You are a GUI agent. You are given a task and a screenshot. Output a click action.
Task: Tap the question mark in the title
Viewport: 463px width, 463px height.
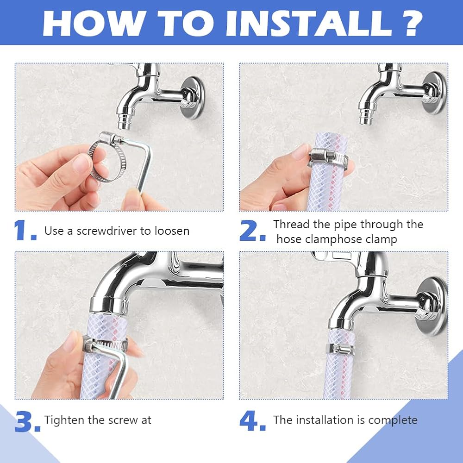[x=411, y=23]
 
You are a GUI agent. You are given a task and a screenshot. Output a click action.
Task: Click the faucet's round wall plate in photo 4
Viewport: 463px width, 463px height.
[x=432, y=306]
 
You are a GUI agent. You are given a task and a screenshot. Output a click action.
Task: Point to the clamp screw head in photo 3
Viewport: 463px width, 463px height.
[x=88, y=344]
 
